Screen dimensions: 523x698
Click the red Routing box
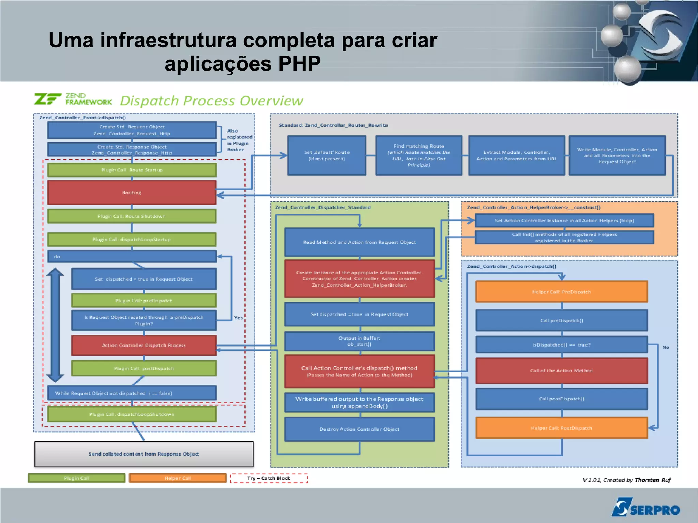tap(132, 193)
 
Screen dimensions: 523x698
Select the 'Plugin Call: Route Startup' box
tap(132, 170)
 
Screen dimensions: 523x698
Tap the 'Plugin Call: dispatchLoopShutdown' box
tap(132, 414)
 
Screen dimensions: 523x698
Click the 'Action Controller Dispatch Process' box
tap(144, 345)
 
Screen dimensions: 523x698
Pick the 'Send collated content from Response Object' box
tap(144, 454)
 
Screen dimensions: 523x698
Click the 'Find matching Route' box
tap(419, 155)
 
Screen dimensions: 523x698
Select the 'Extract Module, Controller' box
tap(516, 155)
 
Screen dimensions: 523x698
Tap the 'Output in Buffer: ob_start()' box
tap(359, 341)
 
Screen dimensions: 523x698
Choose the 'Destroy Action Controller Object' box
tap(359, 429)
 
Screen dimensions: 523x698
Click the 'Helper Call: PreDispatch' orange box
tap(561, 292)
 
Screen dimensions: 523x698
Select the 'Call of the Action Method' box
tap(561, 370)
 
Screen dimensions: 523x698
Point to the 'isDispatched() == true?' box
tap(561, 344)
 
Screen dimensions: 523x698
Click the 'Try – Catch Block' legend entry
tap(269, 478)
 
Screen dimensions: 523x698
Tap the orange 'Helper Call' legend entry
tap(177, 478)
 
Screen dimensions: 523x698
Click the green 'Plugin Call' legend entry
tap(77, 478)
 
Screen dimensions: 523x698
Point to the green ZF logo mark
tap(47, 99)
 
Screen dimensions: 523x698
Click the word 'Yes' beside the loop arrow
tap(238, 318)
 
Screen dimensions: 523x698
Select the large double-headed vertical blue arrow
tap(55, 325)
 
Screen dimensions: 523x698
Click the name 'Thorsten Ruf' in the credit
tap(652, 480)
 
